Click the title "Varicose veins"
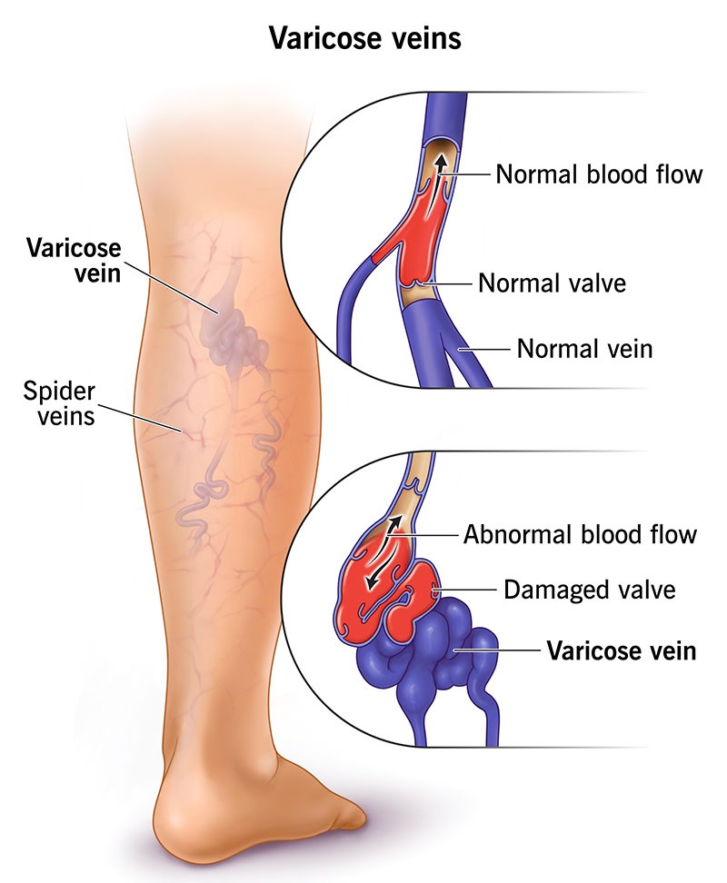pyautogui.click(x=365, y=38)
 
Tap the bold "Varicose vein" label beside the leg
pyautogui.click(x=74, y=261)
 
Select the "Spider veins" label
pyautogui.click(x=59, y=403)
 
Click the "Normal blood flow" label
pyautogui.click(x=599, y=174)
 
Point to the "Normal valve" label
pyautogui.click(x=552, y=283)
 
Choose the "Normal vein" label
pyautogui.click(x=584, y=349)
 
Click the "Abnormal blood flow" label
pyautogui.click(x=580, y=534)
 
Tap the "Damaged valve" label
pyautogui.click(x=589, y=590)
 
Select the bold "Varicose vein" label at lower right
pyautogui.click(x=622, y=650)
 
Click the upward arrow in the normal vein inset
pyautogui.click(x=435, y=186)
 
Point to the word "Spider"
pyautogui.click(x=59, y=392)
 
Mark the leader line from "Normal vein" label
pyautogui.click(x=483, y=349)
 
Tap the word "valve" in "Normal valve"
pyautogui.click(x=593, y=283)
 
